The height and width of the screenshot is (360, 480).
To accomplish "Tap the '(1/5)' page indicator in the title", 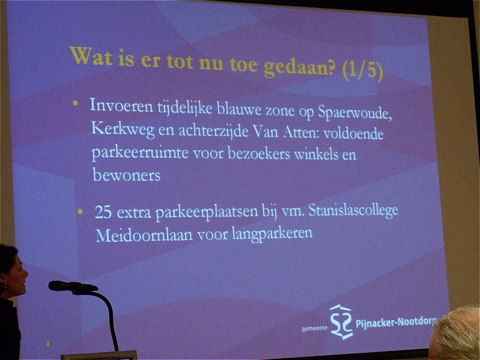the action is point(362,70).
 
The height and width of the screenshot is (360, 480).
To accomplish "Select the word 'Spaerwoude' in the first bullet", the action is point(355,113).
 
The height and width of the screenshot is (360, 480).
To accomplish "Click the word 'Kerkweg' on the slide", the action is point(123,129).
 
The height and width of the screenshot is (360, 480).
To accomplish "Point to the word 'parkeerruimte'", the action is point(140,152).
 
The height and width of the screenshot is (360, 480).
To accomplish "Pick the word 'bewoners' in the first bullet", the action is point(127,175).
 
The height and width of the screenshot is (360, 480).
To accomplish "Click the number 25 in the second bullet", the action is point(103,212).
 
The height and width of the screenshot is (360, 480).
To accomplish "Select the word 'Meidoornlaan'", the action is point(144,235).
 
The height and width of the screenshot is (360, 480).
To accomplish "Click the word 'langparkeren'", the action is point(272,234).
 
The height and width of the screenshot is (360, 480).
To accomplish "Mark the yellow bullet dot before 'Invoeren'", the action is point(76,103).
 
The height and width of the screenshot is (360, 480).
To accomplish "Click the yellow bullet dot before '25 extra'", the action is point(80,211).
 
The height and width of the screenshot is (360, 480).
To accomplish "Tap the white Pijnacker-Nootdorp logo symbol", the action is point(341,322).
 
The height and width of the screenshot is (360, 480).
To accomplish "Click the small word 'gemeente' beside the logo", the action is point(314,328).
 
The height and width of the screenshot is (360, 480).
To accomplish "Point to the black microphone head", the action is point(73,286).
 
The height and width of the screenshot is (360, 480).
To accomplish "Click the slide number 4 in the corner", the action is point(47,343).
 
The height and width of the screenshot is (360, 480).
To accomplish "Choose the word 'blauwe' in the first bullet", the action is point(239,109).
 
